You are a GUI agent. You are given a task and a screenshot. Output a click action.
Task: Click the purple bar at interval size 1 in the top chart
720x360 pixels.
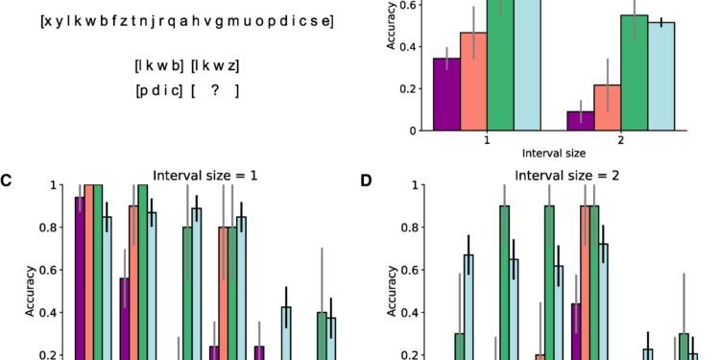[x=446, y=94]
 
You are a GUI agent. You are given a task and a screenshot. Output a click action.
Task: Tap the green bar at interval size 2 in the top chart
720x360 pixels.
[x=634, y=72]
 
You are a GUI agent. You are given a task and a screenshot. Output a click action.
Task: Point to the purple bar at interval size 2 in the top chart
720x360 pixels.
[x=580, y=120]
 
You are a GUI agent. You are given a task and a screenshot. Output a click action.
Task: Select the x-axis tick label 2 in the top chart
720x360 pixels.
[x=620, y=139]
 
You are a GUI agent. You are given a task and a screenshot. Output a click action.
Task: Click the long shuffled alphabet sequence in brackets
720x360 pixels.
[x=187, y=20]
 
